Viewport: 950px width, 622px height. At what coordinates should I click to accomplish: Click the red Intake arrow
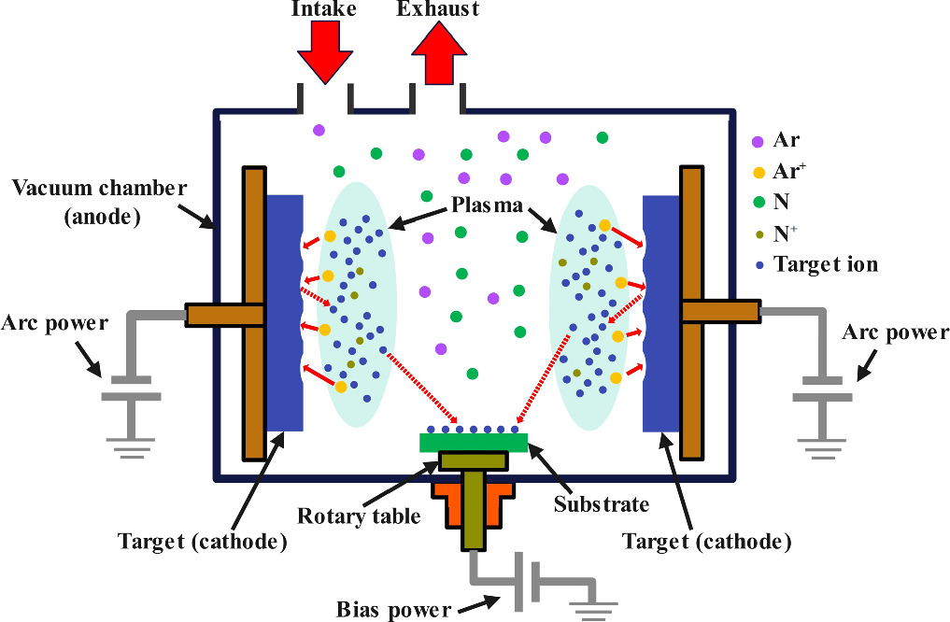325,50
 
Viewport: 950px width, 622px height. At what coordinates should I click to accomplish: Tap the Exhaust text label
438,9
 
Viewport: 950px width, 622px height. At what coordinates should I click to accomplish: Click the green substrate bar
474,442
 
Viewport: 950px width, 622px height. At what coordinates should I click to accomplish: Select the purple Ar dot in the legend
759,143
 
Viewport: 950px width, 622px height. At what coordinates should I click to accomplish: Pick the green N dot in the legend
759,202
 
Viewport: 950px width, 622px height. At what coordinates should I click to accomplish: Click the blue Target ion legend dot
759,265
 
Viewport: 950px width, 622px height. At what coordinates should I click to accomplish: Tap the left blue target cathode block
285,313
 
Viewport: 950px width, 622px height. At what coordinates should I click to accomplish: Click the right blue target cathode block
661,313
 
